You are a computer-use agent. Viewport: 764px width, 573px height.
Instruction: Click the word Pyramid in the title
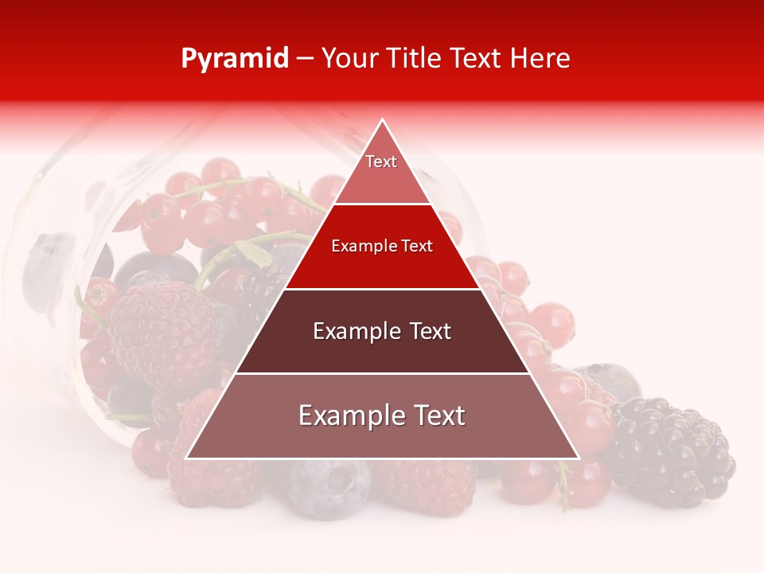235,59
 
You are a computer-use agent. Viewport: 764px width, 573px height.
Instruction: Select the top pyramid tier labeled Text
382,171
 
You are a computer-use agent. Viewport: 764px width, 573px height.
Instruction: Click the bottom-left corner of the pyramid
187,458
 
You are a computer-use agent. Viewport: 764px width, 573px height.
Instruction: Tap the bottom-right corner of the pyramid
578,458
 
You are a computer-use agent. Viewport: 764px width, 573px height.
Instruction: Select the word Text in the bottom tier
435,415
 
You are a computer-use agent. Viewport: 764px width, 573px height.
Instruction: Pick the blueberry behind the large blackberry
609,380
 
